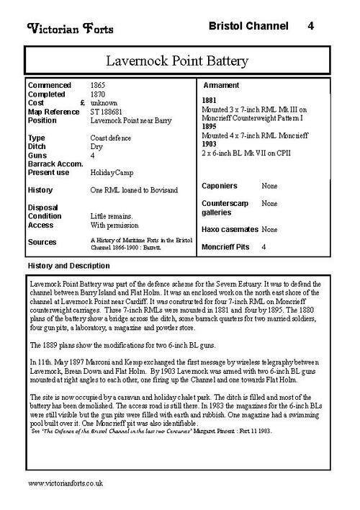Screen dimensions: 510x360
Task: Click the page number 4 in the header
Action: coord(310,27)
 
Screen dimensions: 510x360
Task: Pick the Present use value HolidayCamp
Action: coord(112,173)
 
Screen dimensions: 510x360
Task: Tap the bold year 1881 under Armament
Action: coord(209,100)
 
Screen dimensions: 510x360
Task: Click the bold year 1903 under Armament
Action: coord(209,144)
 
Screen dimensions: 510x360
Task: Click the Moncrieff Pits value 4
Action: coord(264,247)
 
